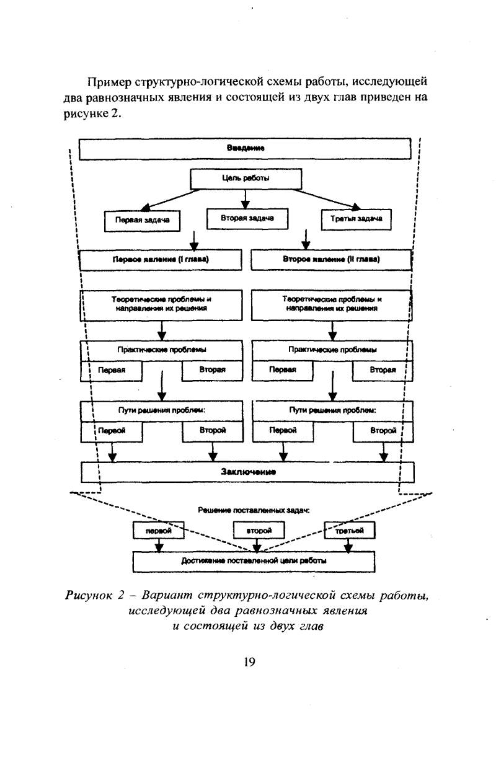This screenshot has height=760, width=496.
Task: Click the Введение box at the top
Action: pyautogui.click(x=245, y=149)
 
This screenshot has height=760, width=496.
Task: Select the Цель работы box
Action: pyautogui.click(x=246, y=179)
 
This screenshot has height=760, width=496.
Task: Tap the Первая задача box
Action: pyautogui.click(x=142, y=221)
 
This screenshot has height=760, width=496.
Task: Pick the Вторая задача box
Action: pyautogui.click(x=247, y=219)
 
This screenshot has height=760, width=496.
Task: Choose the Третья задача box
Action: pyautogui.click(x=356, y=219)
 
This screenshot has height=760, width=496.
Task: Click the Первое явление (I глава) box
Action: pyautogui.click(x=161, y=260)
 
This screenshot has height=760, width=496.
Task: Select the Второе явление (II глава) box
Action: pyautogui.click(x=332, y=260)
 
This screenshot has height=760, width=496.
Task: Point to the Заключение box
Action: pyautogui.click(x=247, y=472)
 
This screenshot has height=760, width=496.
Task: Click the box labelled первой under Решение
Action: pyautogui.click(x=159, y=530)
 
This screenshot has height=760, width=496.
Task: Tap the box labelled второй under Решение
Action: pyautogui.click(x=259, y=530)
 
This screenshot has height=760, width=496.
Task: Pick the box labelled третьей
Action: pyautogui.click(x=350, y=530)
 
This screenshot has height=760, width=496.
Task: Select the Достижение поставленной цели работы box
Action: pyautogui.click(x=254, y=562)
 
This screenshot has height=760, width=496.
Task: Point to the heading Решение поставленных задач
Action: pyautogui.click(x=254, y=510)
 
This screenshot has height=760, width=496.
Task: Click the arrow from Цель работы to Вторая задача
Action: pyautogui.click(x=246, y=199)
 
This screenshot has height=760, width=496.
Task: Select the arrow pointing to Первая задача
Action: pyautogui.click(x=170, y=200)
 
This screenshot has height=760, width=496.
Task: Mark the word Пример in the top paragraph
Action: pyautogui.click(x=109, y=82)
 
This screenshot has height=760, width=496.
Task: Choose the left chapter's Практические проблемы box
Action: pyautogui.click(x=161, y=350)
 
